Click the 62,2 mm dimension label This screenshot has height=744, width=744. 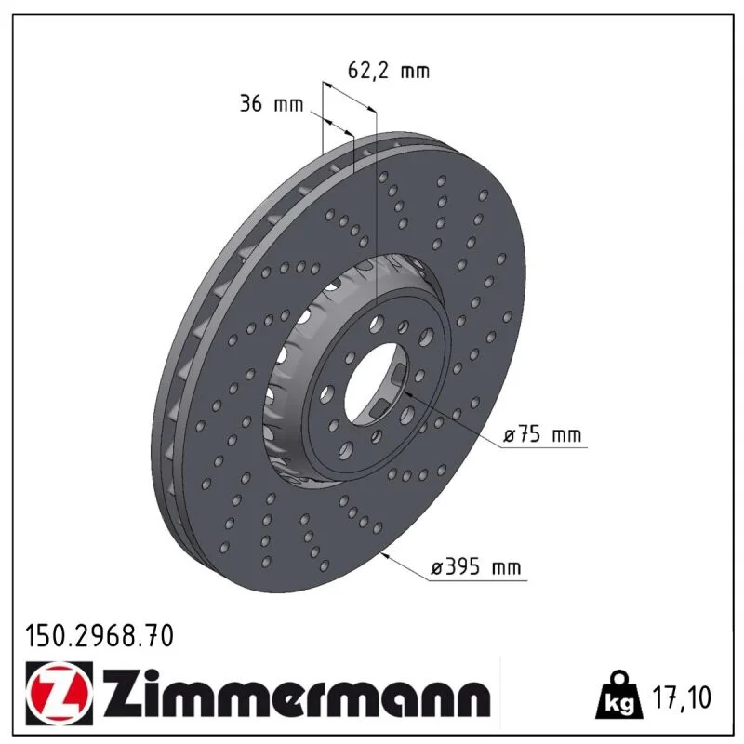pos(389,72)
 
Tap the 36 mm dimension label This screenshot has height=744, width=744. pos(272,103)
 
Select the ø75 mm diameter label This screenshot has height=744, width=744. pos(542,434)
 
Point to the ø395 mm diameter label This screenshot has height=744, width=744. pos(476,566)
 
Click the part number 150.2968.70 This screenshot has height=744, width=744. pos(100,636)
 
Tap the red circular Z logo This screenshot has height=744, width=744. pos(59,693)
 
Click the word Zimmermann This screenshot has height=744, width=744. pos(297,694)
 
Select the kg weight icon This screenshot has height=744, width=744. pos(619,695)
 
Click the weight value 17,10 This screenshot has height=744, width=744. pos(683,697)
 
